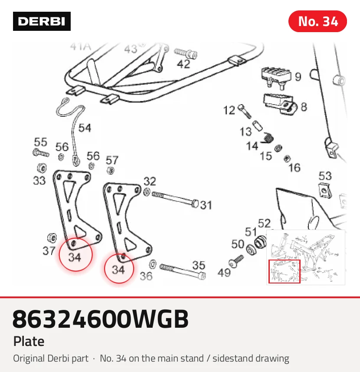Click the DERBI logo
click(x=42, y=21)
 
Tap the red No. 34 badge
click(x=317, y=21)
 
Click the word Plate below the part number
click(x=29, y=341)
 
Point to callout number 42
click(x=183, y=64)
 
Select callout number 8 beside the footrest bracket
click(x=304, y=107)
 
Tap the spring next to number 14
click(x=267, y=138)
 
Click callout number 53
click(x=325, y=176)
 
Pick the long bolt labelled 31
click(x=175, y=199)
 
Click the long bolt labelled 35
click(x=183, y=271)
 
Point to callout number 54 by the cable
click(x=85, y=128)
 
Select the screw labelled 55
click(x=41, y=152)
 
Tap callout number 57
click(x=112, y=160)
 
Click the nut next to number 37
click(x=52, y=238)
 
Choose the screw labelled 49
click(x=236, y=260)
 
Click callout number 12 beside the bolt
click(x=229, y=110)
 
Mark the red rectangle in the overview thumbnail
click(x=285, y=271)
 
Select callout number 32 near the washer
click(x=150, y=181)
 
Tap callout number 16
click(x=295, y=168)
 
